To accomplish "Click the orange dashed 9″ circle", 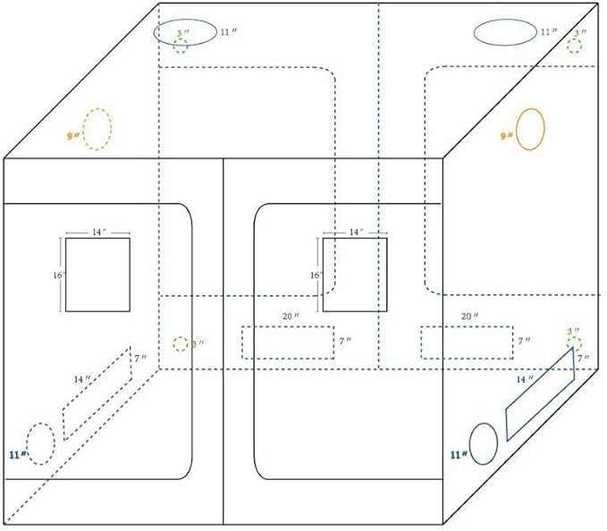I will [97, 130].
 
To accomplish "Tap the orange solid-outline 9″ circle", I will [530, 130].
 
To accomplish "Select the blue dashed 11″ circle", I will [40, 442].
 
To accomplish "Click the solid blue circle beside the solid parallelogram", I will [483, 444].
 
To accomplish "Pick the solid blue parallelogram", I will [540, 394].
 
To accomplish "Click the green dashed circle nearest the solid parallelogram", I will [573, 344].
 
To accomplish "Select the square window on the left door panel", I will [97, 274].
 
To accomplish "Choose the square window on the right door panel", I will [355, 274].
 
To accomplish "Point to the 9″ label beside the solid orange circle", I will [506, 136].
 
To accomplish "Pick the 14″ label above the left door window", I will [98, 232].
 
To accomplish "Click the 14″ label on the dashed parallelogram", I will [81, 380].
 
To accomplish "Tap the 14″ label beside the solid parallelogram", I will [524, 380].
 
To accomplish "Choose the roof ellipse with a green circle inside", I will [184, 31].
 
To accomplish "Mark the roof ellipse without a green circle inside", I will [504, 32].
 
